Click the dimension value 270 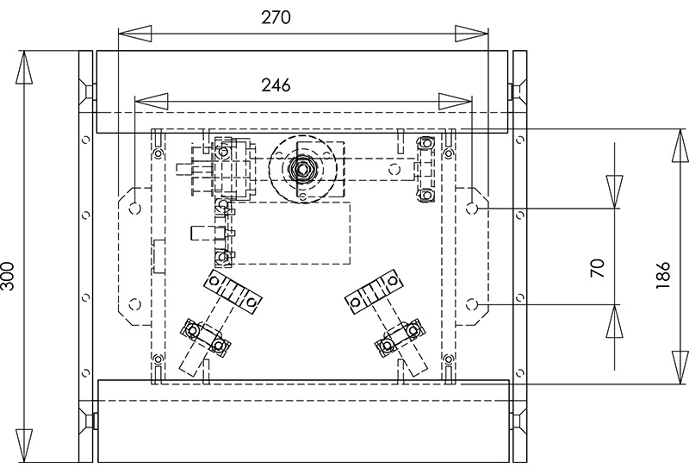pyautogui.click(x=276, y=17)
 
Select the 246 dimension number pyautogui.click(x=276, y=84)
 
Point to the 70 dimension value pyautogui.click(x=599, y=266)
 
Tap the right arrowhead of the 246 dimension pyautogui.click(x=456, y=101)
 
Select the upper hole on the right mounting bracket pyautogui.click(x=472, y=209)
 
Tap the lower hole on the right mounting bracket pyautogui.click(x=472, y=303)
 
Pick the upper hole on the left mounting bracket pyautogui.click(x=135, y=209)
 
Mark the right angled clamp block pyautogui.click(x=374, y=290)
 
